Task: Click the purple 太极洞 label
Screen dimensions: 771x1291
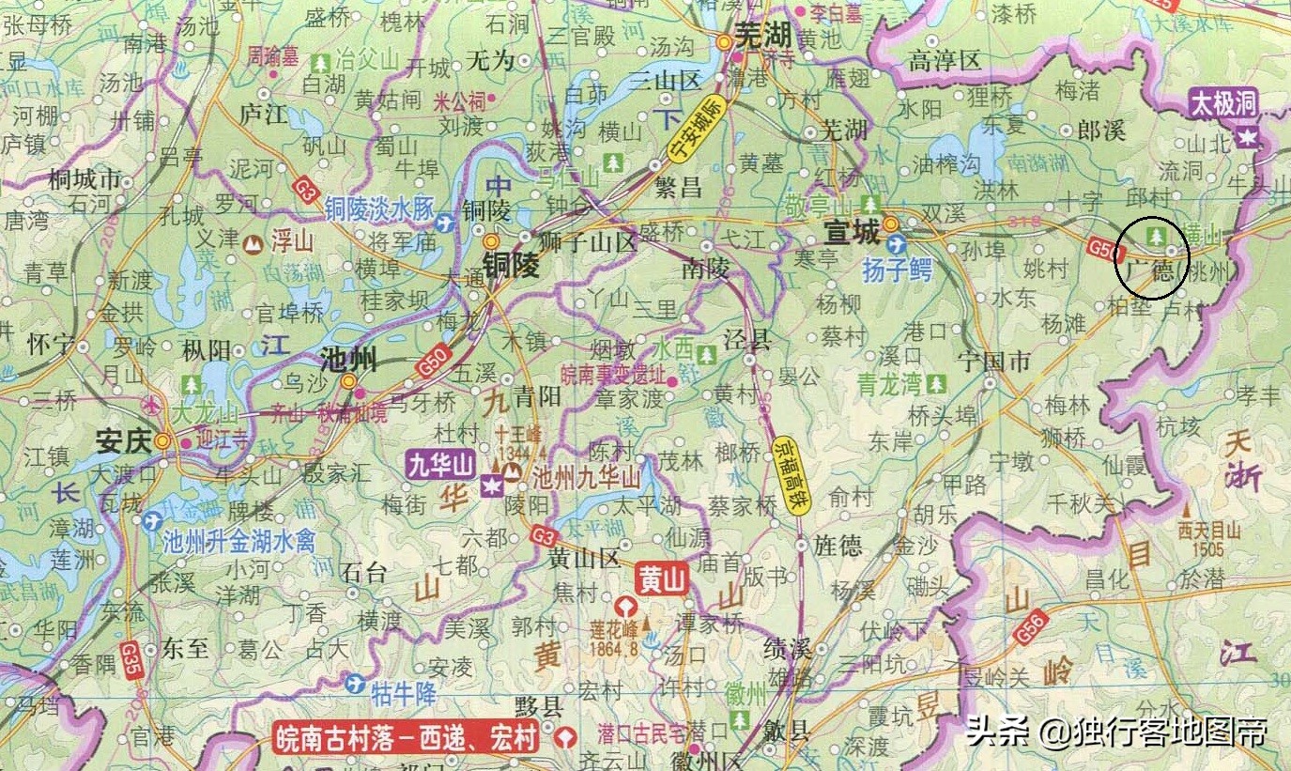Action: click(x=1223, y=103)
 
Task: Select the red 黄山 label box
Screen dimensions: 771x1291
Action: click(x=662, y=579)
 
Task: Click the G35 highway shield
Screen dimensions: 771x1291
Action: click(x=129, y=655)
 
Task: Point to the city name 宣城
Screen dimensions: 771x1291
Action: click(x=853, y=229)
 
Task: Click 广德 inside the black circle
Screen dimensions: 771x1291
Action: click(x=1151, y=270)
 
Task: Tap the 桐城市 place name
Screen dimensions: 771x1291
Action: click(x=85, y=178)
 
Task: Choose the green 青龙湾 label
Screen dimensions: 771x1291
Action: click(x=890, y=383)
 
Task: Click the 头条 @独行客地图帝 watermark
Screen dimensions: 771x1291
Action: click(x=1116, y=731)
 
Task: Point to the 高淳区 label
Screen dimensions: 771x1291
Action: click(x=945, y=61)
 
